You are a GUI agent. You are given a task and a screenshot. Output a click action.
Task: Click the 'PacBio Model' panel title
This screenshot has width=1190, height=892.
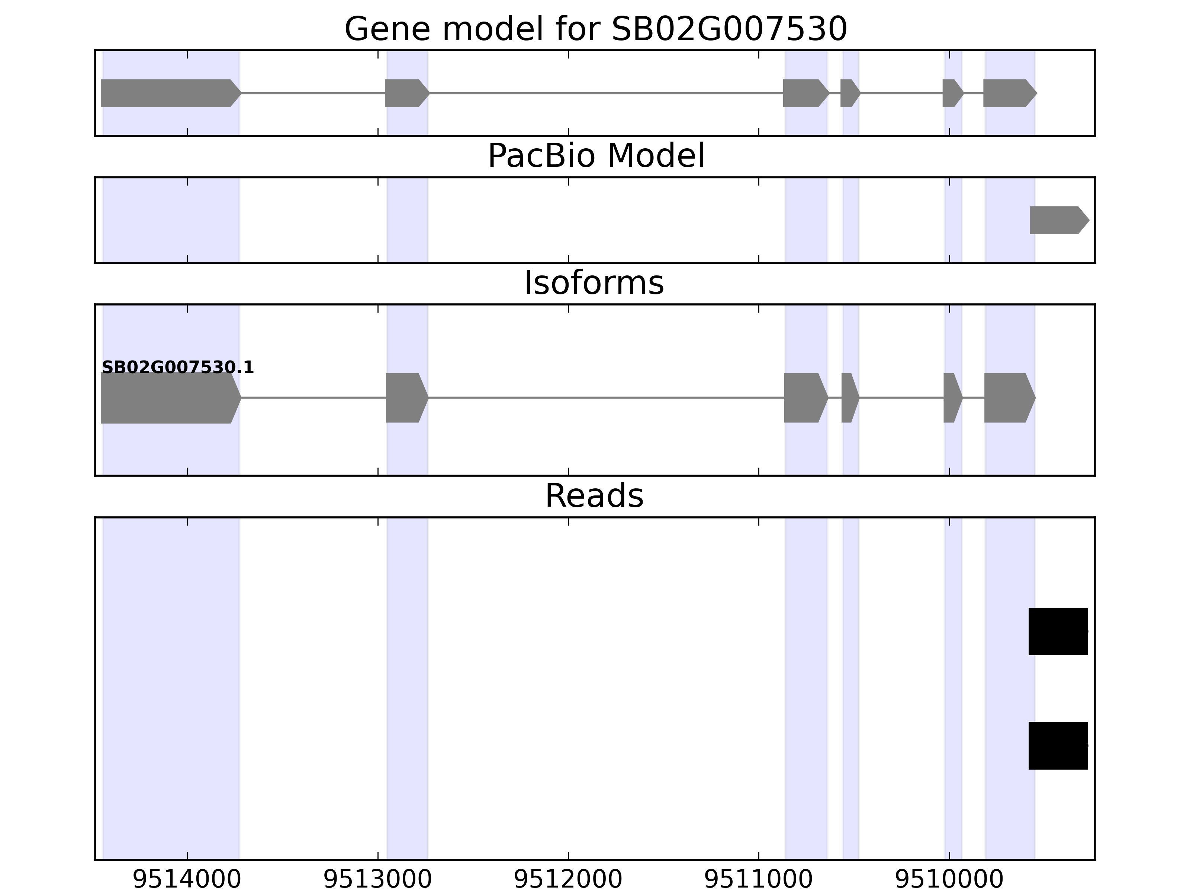coord(595,156)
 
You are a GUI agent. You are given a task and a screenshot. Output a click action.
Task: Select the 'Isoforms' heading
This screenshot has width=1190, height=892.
coord(594,283)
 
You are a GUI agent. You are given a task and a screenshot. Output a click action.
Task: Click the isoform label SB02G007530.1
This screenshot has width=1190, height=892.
coord(177,367)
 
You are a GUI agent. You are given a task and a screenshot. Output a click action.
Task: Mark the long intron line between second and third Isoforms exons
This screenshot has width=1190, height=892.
coord(605,398)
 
